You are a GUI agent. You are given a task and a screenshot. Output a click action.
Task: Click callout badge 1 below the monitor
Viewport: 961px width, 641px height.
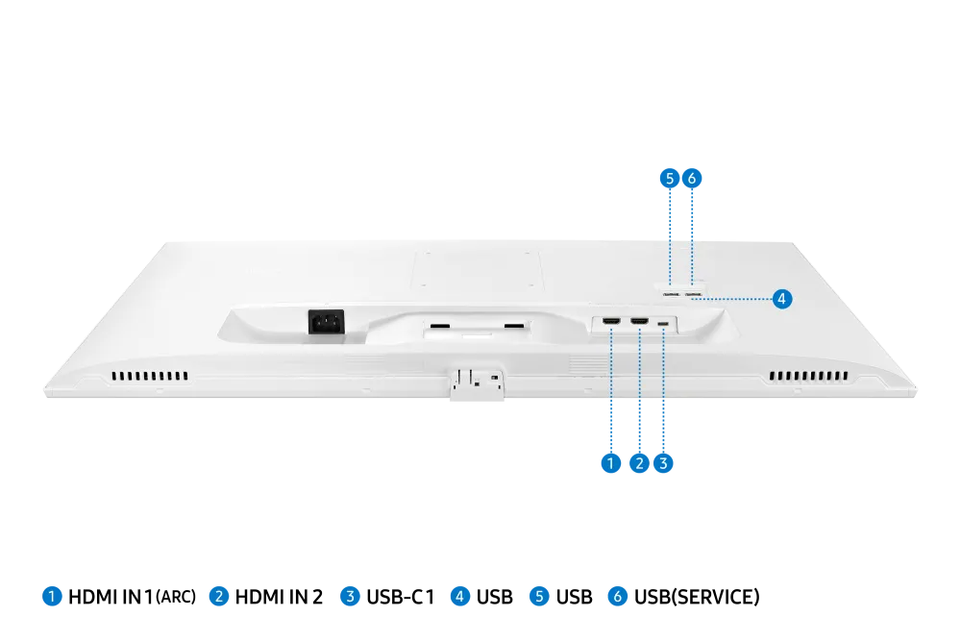point(610,463)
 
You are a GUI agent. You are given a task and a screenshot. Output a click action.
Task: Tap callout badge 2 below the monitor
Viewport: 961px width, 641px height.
point(639,463)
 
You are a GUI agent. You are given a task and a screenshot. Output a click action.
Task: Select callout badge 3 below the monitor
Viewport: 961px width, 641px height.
point(663,463)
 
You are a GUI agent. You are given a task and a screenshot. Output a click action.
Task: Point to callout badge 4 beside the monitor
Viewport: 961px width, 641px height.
point(782,299)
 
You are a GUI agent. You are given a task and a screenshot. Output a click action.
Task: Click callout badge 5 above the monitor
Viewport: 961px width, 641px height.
point(670,179)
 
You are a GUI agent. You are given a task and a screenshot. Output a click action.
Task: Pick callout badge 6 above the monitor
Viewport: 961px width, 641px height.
point(692,179)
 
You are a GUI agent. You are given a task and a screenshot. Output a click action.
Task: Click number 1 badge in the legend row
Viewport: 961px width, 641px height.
point(53,596)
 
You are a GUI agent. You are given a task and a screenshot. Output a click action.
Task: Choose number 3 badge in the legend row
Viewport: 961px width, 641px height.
point(351,596)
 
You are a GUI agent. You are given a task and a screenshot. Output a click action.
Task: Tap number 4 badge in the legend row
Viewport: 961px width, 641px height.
point(459,596)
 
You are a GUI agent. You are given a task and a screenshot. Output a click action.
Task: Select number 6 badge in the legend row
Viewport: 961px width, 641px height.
point(617,596)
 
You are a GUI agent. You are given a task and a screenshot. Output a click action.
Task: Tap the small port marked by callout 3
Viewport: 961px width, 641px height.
point(664,323)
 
